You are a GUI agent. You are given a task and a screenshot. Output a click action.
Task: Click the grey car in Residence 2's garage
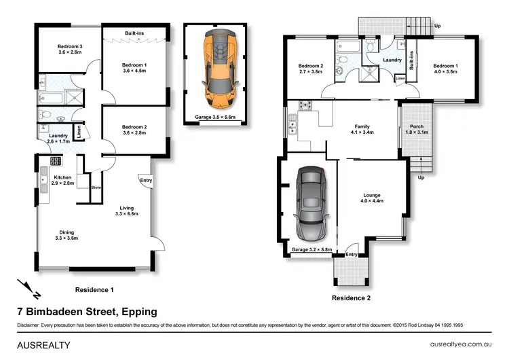click(312, 204)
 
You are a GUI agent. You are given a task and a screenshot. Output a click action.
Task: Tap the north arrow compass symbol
click(29, 289)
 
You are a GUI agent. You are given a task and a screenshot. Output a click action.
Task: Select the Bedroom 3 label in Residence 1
click(70, 50)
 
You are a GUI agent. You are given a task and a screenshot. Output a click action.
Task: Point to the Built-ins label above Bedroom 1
click(134, 33)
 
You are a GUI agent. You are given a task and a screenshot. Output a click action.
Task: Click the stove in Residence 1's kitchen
click(56, 161)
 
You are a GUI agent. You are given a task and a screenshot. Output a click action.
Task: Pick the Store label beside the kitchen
click(96, 187)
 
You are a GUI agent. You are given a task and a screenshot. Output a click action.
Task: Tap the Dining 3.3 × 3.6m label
click(67, 235)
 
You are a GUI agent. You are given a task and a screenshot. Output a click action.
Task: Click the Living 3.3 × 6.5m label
click(127, 211)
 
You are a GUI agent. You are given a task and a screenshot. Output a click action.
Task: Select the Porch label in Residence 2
click(417, 126)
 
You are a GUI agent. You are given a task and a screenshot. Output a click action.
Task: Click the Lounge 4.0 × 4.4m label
click(372, 198)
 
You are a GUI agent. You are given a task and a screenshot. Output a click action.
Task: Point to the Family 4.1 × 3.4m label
click(362, 129)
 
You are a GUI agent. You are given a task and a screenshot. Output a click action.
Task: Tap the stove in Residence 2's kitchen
click(305, 105)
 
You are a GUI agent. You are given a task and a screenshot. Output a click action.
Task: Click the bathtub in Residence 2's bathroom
click(348, 46)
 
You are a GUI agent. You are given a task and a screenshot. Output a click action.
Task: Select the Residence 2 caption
click(351, 298)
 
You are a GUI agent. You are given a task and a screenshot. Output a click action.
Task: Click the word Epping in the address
click(139, 312)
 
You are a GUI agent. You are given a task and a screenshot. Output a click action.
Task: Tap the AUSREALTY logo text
click(43, 345)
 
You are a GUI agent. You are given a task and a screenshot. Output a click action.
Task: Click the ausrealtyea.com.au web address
click(461, 344)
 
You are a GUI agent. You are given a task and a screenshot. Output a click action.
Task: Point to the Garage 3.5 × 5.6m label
click(215, 117)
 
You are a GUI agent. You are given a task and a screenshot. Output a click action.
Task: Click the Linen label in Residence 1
click(79, 132)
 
